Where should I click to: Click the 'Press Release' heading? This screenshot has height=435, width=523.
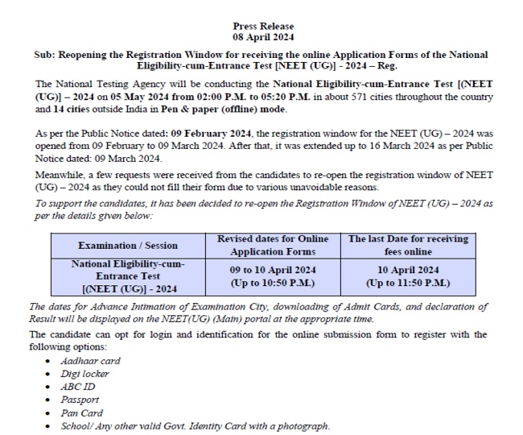pos(262,27)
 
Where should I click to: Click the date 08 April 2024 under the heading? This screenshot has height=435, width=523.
pos(262,37)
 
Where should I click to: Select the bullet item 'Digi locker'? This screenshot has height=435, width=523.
pos(84,374)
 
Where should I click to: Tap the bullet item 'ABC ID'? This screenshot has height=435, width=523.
pos(77,387)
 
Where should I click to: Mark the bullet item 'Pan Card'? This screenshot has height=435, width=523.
pos(81,413)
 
